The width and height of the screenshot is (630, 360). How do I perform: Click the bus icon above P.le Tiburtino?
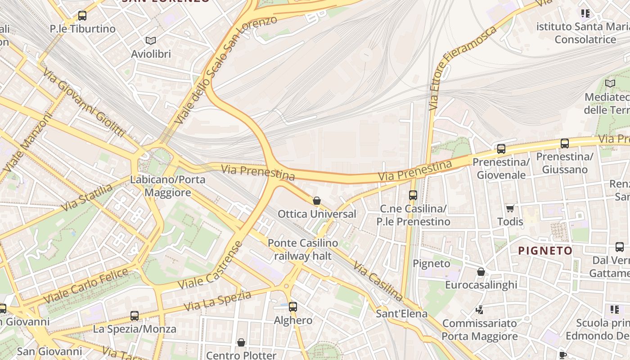click(82, 16)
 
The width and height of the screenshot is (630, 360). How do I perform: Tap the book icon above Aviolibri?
click(151, 41)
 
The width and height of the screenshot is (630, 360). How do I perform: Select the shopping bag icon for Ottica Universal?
click(317, 201)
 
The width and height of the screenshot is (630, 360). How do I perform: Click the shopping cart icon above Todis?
click(510, 208)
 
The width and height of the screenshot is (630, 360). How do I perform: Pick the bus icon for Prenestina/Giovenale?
click(501, 149)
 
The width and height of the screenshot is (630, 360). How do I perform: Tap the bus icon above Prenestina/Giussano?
click(565, 144)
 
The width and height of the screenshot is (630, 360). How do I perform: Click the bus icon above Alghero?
click(293, 307)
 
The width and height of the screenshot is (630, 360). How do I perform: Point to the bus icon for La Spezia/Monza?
click(135, 316)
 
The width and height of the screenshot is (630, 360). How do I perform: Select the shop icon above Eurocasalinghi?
click(481, 272)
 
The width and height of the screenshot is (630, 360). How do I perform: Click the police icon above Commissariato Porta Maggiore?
click(479, 310)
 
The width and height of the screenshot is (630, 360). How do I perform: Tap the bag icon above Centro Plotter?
click(241, 342)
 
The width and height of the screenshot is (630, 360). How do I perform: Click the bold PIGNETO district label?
click(545, 251)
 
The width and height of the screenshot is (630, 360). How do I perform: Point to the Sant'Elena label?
click(401, 314)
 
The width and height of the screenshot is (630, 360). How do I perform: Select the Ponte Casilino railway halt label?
click(303, 250)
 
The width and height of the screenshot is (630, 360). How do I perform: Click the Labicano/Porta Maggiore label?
click(167, 186)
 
